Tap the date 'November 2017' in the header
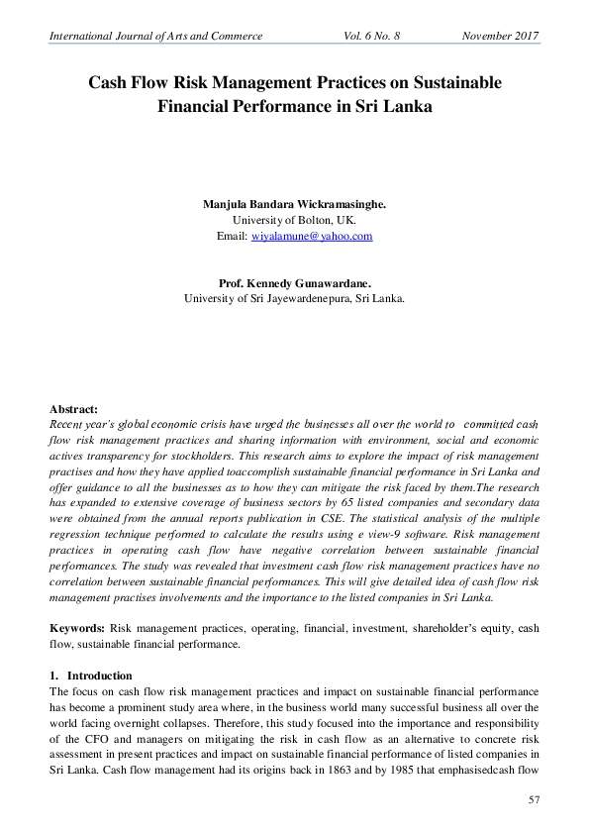tap(500, 36)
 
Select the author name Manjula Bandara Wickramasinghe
tap(294, 203)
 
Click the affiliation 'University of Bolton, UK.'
tap(294, 219)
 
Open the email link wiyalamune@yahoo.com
tap(312, 236)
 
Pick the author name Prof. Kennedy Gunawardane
tap(294, 282)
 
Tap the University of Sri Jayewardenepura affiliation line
tap(294, 298)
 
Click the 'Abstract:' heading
tap(74, 408)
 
